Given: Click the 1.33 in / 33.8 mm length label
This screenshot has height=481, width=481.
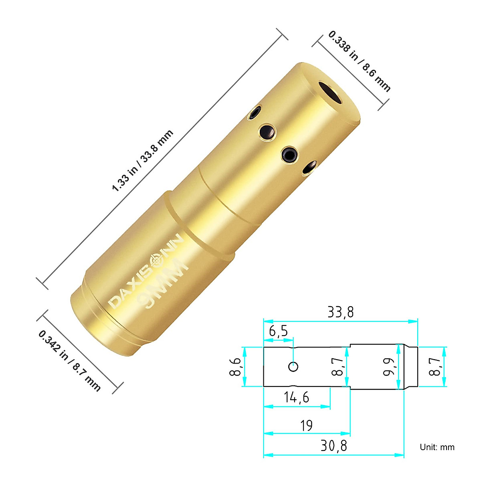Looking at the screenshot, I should coord(143,160).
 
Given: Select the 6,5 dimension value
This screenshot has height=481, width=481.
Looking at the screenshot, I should coord(278,331).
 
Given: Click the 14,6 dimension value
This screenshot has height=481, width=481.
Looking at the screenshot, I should coord(296,397).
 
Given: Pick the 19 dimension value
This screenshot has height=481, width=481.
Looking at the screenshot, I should coord(306,425).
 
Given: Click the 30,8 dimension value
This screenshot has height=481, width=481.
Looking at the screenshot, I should coord(333,446).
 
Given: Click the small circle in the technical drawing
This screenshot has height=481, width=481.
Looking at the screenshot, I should coord(294,366).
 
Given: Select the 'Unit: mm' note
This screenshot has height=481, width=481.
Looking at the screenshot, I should coord(437,447).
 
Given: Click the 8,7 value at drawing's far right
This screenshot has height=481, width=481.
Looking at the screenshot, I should coord(434,367).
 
